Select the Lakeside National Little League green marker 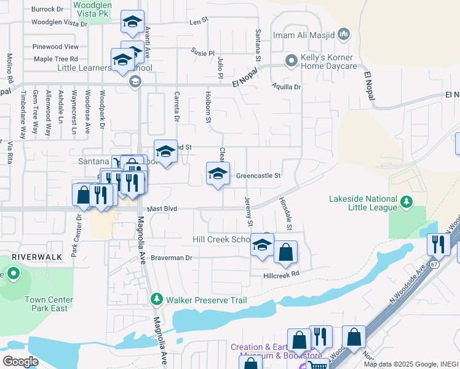click(406, 201)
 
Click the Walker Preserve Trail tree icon click(157, 300)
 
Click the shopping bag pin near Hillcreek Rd click(285, 252)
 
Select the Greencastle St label click(258, 175)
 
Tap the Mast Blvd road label click(162, 209)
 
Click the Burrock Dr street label click(47, 10)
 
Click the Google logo click(21, 362)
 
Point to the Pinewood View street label click(55, 47)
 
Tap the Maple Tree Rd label click(55, 59)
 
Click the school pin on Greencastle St click(218, 174)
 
